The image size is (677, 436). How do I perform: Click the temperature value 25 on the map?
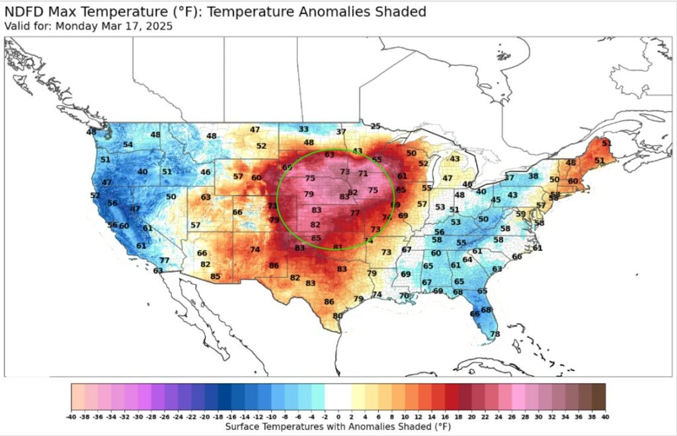[376, 126]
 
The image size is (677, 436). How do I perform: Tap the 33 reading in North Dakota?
[303, 129]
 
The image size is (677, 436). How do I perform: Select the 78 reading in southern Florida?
[495, 334]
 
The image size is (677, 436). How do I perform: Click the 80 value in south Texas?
[338, 316]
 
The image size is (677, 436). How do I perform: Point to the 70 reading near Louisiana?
[404, 295]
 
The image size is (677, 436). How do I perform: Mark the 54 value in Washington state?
[128, 145]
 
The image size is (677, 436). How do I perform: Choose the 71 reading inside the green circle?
[363, 173]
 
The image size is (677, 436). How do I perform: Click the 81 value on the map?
[338, 247]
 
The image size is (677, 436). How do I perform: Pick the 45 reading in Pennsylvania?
[496, 200]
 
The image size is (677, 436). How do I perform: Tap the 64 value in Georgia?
[467, 260]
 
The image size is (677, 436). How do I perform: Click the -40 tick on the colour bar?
[71, 417]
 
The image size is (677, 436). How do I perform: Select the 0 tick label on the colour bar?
[338, 417]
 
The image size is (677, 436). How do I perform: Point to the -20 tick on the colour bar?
[204, 417]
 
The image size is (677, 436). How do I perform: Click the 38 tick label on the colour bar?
[592, 417]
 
